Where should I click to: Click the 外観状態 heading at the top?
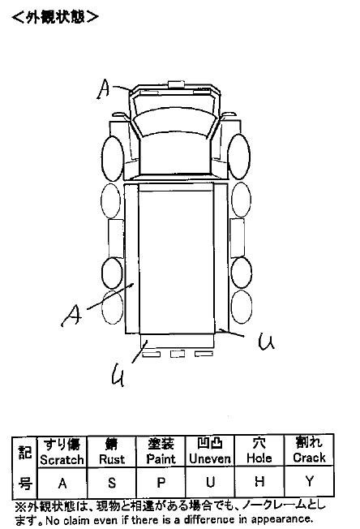[55, 16]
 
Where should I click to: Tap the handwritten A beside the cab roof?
[104, 89]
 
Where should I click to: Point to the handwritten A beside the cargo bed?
[72, 315]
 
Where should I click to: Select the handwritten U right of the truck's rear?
[266, 342]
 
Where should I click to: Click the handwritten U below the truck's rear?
[118, 375]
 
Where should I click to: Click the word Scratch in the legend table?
[62, 459]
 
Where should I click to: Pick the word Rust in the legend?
[112, 459]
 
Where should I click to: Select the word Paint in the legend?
[161, 459]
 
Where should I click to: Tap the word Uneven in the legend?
[210, 458]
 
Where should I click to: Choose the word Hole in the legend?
[259, 458]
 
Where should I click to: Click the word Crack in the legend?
[309, 458]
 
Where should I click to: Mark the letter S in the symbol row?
[112, 483]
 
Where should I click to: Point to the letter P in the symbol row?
[161, 483]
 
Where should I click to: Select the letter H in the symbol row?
[259, 481]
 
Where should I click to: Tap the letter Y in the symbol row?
[310, 481]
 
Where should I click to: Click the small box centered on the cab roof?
[176, 84]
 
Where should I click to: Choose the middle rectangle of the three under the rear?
[177, 354]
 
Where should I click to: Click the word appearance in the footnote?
[282, 519]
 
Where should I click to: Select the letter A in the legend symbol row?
[62, 484]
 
